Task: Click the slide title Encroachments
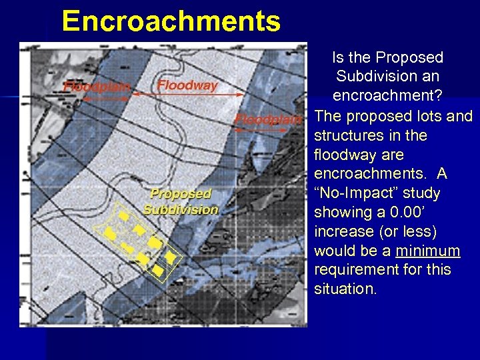(x=171, y=21)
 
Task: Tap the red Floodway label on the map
(x=187, y=85)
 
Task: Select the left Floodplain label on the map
(x=97, y=86)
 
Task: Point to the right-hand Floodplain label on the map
(x=268, y=120)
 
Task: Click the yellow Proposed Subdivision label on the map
(x=181, y=201)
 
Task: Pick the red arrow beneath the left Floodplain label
(x=106, y=97)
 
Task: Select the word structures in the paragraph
(x=351, y=135)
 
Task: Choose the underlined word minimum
(x=427, y=251)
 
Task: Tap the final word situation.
(x=344, y=289)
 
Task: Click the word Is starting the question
(x=341, y=58)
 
